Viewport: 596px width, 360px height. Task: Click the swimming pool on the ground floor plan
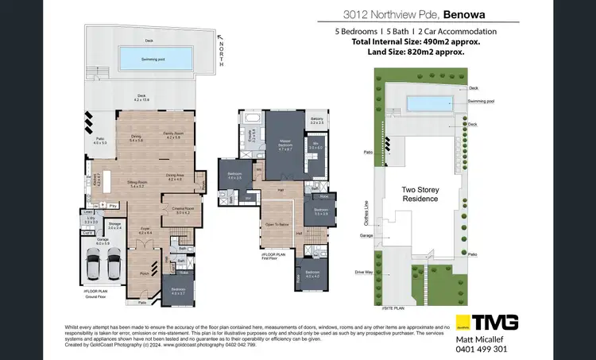(154, 58)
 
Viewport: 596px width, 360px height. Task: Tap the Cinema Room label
(183, 211)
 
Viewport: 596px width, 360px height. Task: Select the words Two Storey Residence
(420, 195)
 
